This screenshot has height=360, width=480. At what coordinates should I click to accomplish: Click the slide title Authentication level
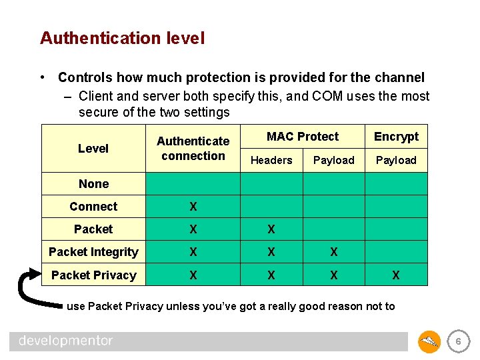(122, 38)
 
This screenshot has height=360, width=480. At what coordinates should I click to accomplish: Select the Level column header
(93, 149)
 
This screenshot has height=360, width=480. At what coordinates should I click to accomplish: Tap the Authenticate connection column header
(193, 149)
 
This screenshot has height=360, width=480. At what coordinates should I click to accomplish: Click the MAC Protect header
(303, 137)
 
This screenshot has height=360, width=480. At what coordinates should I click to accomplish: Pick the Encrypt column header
(396, 137)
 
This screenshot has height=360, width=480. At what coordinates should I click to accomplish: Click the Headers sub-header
(271, 160)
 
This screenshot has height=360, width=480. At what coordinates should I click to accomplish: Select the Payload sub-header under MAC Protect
(333, 160)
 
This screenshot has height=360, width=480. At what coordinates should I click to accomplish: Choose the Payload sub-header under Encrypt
(396, 160)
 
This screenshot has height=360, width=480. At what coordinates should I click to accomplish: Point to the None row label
(93, 184)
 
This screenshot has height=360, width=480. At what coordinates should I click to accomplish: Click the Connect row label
(93, 207)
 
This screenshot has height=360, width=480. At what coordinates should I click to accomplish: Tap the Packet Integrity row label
(93, 252)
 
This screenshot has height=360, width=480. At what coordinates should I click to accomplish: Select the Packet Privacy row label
(93, 275)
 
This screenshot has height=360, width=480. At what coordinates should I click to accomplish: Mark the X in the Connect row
(193, 207)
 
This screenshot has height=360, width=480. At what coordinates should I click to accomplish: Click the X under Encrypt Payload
(396, 275)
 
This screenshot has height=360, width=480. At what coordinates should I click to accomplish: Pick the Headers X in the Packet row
(271, 229)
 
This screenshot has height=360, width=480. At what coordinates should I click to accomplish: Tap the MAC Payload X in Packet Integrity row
(333, 252)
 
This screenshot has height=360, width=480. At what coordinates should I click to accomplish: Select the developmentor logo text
(66, 341)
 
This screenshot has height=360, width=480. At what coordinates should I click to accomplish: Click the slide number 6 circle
(457, 341)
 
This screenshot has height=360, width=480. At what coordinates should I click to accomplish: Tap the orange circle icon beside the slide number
(429, 341)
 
